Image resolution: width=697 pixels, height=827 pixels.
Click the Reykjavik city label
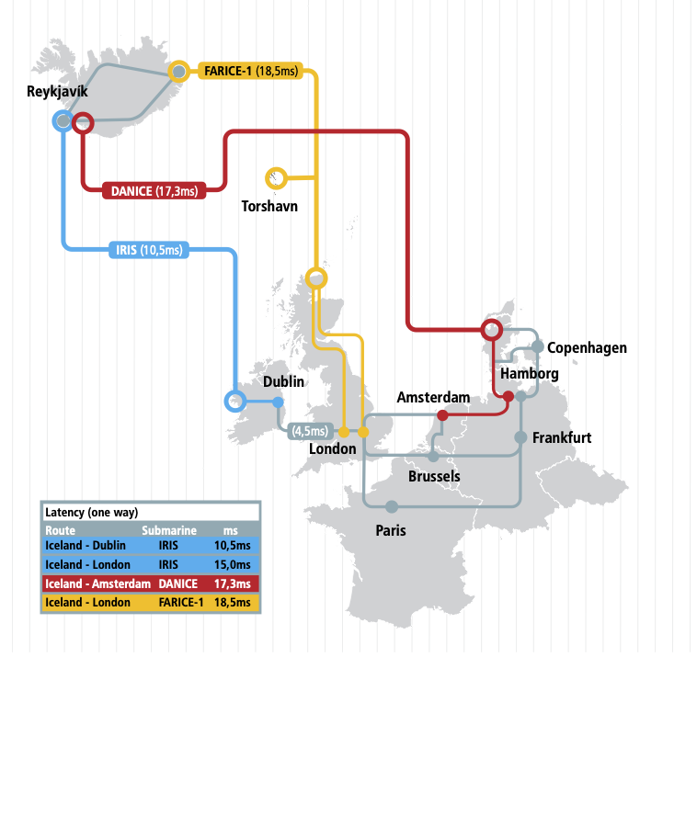point(57,92)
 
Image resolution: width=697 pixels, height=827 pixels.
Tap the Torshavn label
point(269,207)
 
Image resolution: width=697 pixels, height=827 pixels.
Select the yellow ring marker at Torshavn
point(276,176)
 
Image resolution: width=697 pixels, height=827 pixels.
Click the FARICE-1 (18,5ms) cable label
point(252,71)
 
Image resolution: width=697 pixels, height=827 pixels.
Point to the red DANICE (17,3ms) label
point(154,191)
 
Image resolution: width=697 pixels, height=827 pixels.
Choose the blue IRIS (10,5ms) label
point(149,249)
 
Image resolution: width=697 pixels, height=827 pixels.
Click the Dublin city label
point(283,381)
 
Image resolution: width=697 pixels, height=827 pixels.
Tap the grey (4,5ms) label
point(310,431)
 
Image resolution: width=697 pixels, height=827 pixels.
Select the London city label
point(332,449)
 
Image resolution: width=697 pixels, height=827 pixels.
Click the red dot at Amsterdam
point(442,415)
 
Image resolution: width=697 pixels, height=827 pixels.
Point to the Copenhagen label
point(587,347)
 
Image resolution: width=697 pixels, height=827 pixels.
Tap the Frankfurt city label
point(561,437)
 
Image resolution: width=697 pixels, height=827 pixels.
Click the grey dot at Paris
point(392,506)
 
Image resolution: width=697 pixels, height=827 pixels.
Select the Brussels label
point(434,476)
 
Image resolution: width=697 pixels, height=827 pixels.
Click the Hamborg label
point(529,374)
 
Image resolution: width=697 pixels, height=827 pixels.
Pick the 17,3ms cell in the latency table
point(231,583)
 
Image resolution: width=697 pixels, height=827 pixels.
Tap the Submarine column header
point(169,530)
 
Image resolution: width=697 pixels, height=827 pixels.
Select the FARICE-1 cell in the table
point(179,603)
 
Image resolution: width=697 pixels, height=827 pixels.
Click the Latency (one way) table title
point(91,513)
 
